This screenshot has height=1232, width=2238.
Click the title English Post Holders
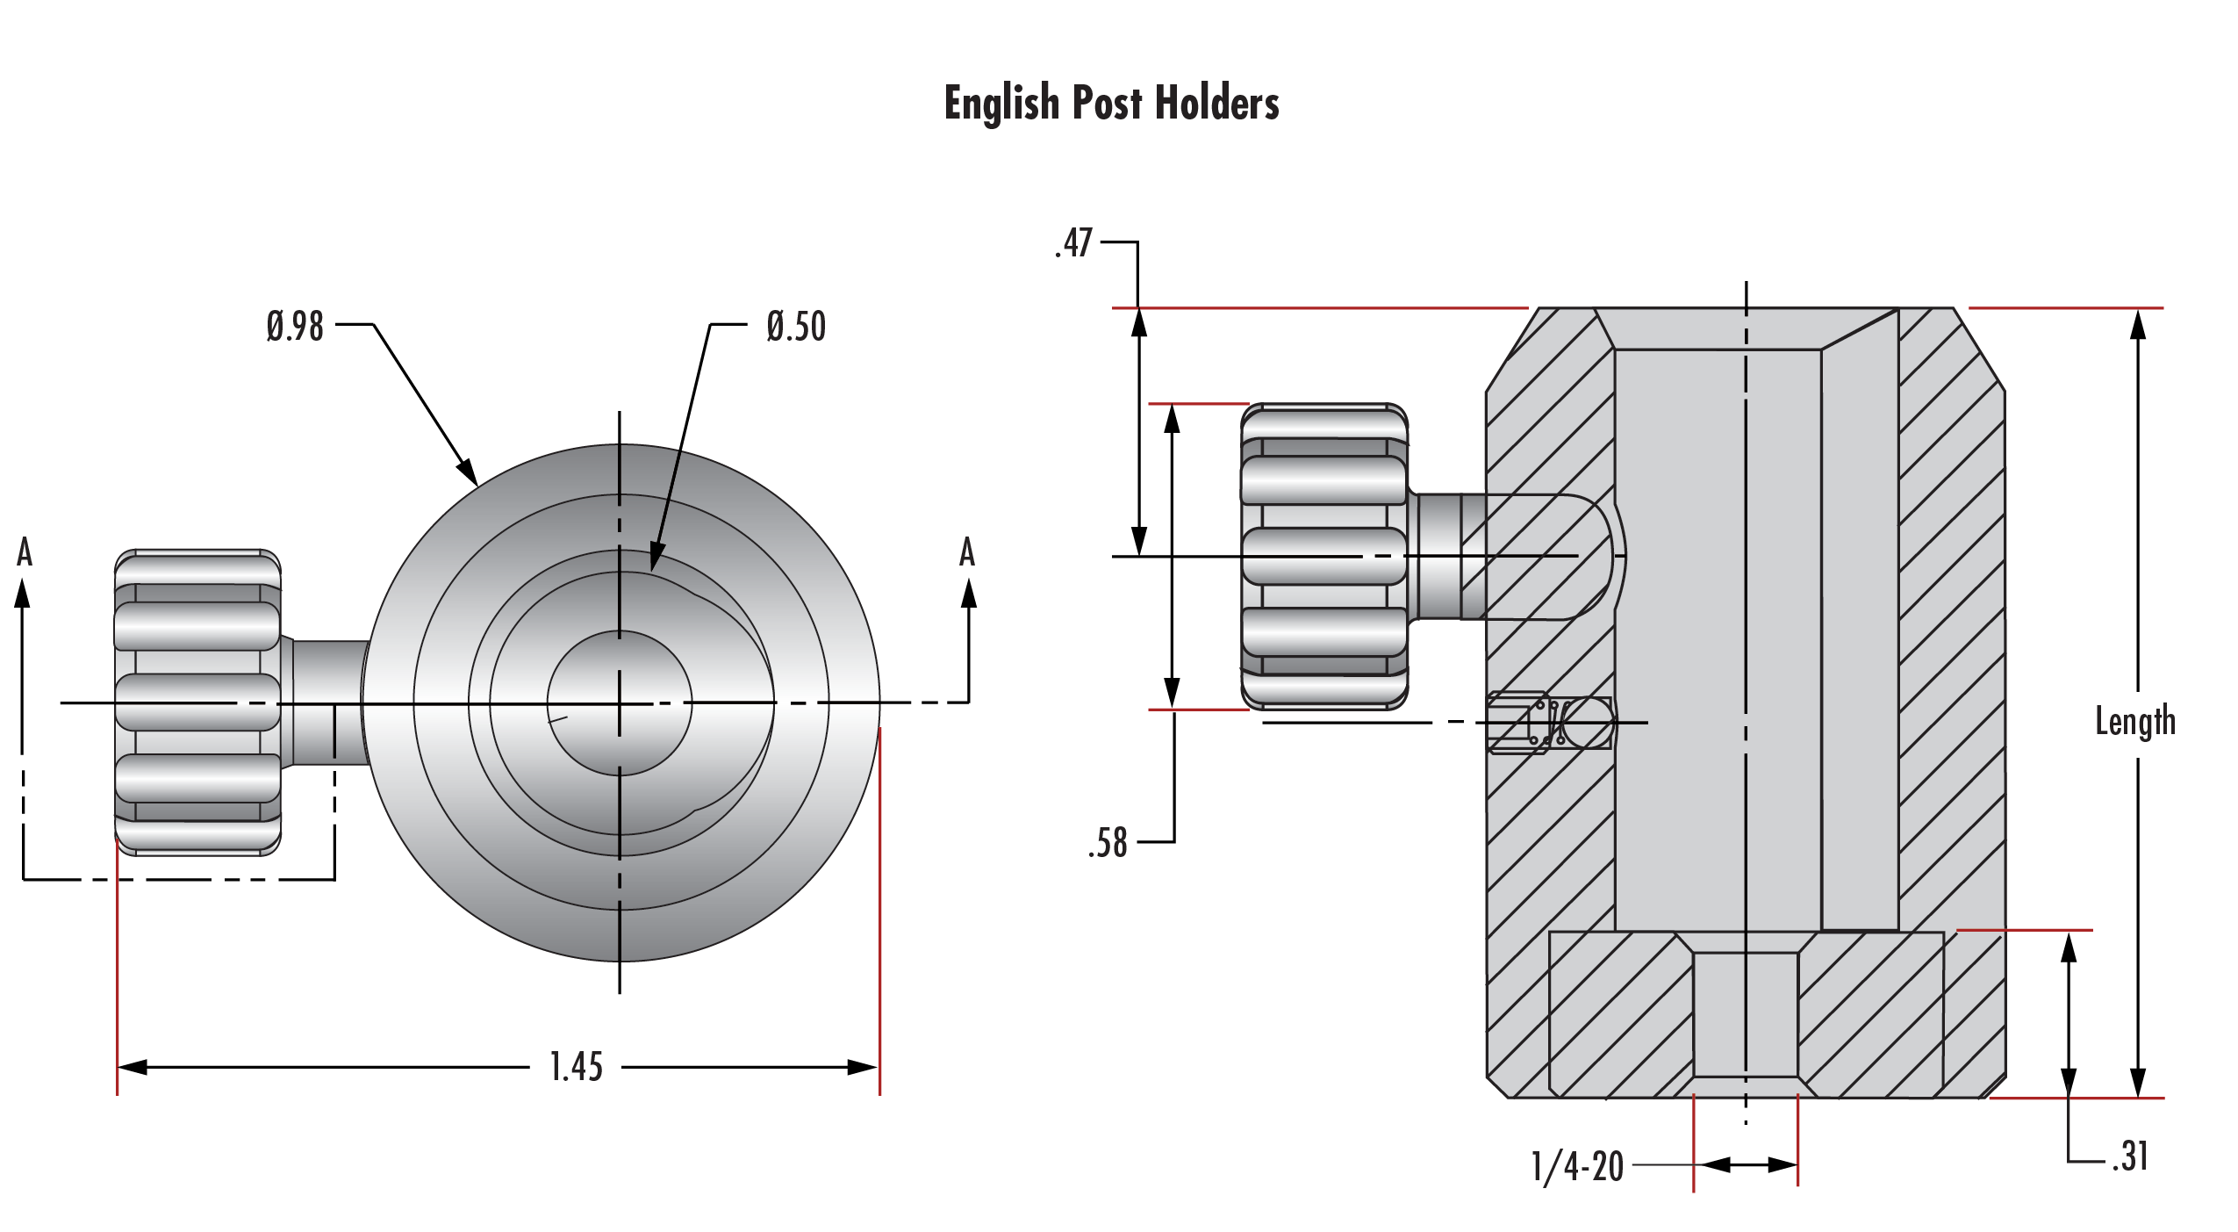tap(1111, 103)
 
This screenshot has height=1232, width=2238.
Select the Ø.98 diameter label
tap(295, 326)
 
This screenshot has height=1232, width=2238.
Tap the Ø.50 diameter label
tap(796, 327)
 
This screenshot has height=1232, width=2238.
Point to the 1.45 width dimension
tap(576, 1067)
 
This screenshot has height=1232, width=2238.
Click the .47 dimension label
tap(1074, 243)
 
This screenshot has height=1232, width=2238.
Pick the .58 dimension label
tap(1108, 843)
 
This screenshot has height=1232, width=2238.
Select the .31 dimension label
tap(2131, 1156)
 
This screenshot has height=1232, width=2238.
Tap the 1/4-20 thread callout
tap(1577, 1167)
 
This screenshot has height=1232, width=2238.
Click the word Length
tap(2135, 722)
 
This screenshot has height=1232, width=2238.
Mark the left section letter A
tap(25, 552)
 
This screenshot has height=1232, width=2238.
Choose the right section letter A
tap(967, 552)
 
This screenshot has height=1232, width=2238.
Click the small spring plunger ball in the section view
tap(1588, 722)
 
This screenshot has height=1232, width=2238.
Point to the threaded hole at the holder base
tap(1746, 1014)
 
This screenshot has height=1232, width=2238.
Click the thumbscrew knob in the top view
tap(197, 702)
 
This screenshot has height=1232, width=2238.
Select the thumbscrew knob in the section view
tap(1324, 557)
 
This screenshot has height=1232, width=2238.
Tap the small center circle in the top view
tap(620, 703)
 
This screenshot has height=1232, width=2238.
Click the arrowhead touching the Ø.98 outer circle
tap(468, 472)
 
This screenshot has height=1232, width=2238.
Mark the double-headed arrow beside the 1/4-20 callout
tap(1747, 1165)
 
